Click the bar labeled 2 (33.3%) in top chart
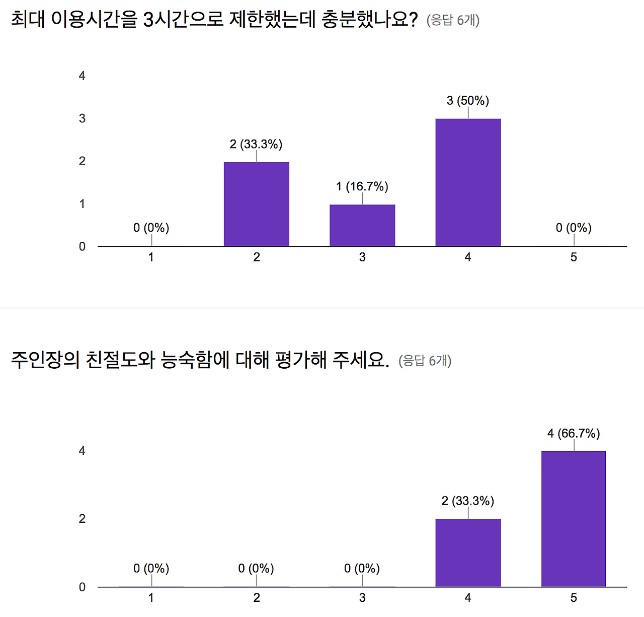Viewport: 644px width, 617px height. click(x=256, y=204)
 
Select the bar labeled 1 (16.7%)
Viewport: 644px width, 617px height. click(x=362, y=225)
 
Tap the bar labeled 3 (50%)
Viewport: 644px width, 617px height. click(x=468, y=182)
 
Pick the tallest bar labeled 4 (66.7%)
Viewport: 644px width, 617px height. click(x=574, y=519)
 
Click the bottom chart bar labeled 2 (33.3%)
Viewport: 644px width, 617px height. click(x=468, y=553)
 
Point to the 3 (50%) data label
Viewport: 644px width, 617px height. click(x=468, y=101)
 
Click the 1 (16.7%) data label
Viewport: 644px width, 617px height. click(x=362, y=187)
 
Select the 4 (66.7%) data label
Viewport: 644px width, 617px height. click(x=574, y=434)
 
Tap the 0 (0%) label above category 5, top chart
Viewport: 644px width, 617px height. click(x=574, y=228)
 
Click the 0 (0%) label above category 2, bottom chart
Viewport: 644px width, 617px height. click(x=256, y=569)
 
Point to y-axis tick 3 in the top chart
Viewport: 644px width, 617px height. click(x=82, y=119)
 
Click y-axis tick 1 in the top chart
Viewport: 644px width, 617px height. click(x=82, y=204)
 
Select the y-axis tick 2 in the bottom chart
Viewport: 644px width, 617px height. click(x=82, y=519)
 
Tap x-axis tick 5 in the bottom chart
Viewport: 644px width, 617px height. click(x=574, y=598)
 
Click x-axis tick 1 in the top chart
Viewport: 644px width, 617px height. click(x=151, y=257)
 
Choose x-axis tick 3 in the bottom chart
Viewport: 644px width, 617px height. click(x=362, y=598)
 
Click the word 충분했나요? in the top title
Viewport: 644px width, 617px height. click(x=369, y=20)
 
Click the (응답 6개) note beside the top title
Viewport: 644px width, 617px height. click(x=453, y=20)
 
